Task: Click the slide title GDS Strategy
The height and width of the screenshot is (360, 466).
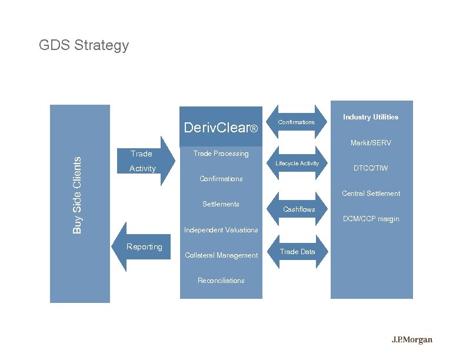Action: click(84, 45)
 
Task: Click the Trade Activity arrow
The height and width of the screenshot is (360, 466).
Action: click(144, 161)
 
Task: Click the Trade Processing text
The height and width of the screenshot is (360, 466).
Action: click(221, 154)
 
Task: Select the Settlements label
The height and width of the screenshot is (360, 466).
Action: click(221, 204)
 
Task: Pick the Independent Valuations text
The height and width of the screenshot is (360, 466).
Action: click(221, 230)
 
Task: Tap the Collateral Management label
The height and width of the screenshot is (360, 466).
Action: click(221, 255)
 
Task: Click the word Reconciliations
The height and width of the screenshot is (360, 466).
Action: click(221, 281)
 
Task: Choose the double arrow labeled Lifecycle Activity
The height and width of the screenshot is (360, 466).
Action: click(297, 163)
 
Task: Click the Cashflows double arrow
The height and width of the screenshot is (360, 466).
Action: click(299, 209)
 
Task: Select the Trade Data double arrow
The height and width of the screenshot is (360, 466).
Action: click(297, 252)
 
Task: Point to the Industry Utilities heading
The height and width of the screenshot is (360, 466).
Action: click(370, 117)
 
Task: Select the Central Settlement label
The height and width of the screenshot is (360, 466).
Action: click(371, 194)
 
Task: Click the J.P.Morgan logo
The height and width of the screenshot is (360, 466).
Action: click(412, 340)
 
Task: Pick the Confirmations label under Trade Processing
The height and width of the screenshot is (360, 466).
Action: click(221, 179)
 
